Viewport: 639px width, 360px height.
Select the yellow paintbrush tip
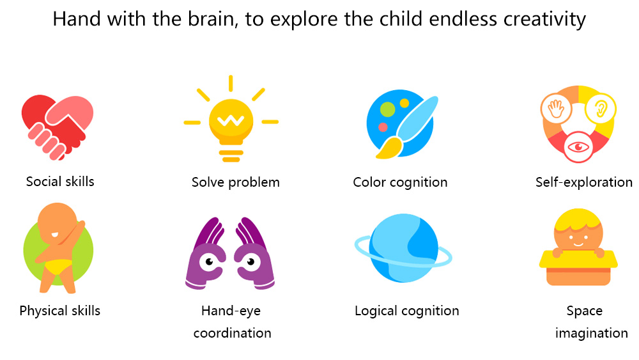click(x=389, y=148)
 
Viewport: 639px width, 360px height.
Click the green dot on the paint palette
click(x=387, y=109)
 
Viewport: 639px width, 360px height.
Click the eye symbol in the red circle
click(x=578, y=147)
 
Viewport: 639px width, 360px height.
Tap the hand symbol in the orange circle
click(x=555, y=109)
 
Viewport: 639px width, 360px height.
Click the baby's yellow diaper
click(x=58, y=267)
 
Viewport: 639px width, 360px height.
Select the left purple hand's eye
click(x=210, y=262)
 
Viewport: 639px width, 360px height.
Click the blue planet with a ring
click(x=403, y=248)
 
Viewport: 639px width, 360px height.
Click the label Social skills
click(x=60, y=182)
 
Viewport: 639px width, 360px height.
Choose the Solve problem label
click(x=236, y=182)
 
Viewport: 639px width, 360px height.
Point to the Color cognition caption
click(x=400, y=182)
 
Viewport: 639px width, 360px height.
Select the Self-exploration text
click(x=583, y=182)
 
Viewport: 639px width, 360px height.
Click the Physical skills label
click(x=60, y=311)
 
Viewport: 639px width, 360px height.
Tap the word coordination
click(x=233, y=333)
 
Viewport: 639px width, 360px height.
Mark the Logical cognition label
click(x=406, y=311)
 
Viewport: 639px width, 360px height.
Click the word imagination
click(x=591, y=334)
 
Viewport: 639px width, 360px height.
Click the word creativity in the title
click(x=544, y=19)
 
